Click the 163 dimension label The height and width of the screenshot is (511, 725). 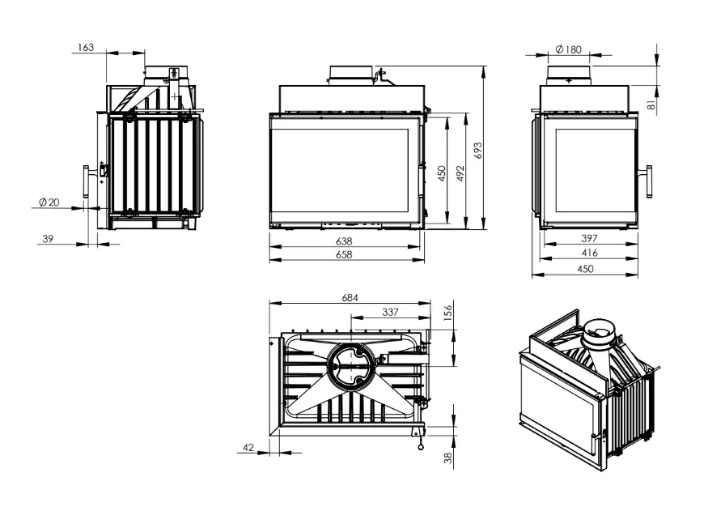point(86,47)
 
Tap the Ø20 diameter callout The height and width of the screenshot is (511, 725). point(49,202)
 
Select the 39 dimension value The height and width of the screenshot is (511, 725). point(48,239)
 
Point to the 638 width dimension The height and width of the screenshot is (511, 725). point(345,241)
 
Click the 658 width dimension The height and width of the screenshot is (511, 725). point(345,254)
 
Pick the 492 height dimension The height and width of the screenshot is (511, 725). point(460,173)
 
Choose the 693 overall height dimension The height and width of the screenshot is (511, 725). point(478,151)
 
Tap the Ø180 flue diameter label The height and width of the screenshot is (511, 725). point(569,49)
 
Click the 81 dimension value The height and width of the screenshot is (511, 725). point(652,105)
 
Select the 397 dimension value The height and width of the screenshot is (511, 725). point(590,238)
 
